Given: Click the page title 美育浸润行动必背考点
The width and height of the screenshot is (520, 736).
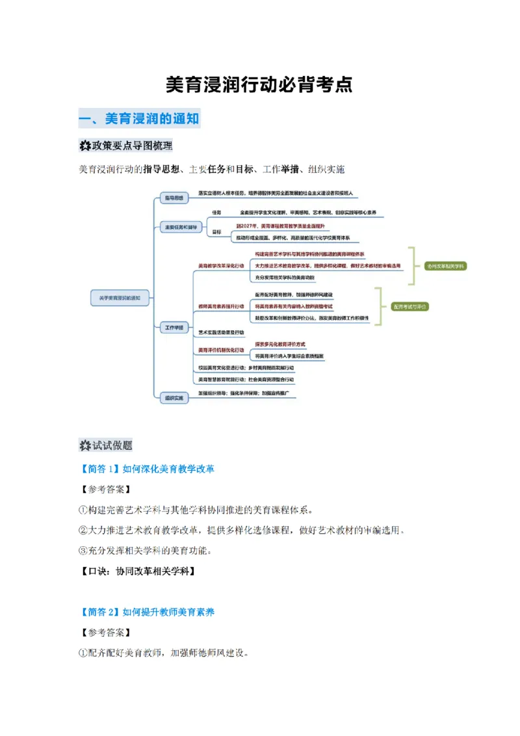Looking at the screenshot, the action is point(259,85).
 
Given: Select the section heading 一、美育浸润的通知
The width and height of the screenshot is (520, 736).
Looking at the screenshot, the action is point(138,118).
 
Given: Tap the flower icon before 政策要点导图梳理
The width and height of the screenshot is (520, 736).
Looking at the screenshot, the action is point(84,144).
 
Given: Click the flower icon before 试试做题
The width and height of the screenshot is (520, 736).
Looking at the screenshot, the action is point(84,445).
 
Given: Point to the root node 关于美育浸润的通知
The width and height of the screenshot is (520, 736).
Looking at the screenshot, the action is point(120,298).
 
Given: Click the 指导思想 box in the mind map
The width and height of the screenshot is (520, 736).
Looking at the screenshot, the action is point(173,196).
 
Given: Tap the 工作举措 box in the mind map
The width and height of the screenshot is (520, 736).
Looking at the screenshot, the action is point(173,328).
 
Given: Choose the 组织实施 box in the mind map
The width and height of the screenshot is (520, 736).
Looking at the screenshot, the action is point(173,397).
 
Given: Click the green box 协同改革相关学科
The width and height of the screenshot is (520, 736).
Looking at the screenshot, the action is point(446,266).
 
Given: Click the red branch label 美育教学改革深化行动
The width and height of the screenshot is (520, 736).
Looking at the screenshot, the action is point(221,266).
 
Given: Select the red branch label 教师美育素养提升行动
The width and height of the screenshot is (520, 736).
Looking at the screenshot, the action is point(221,306).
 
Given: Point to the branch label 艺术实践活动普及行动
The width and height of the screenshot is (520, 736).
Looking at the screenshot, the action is point(221,332).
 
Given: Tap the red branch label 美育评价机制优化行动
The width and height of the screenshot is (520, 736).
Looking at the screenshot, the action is point(221,350).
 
